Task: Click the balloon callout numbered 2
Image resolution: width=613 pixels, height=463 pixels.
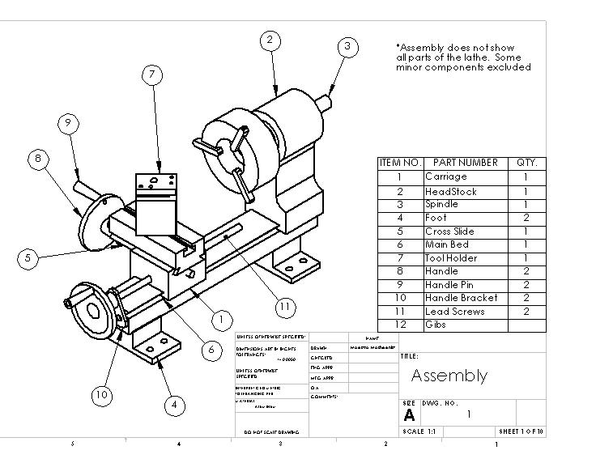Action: (x=270, y=40)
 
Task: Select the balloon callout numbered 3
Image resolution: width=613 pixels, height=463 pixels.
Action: (x=347, y=46)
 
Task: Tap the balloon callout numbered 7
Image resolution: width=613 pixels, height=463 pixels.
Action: (x=151, y=74)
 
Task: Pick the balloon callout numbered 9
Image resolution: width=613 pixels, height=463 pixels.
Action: (x=69, y=123)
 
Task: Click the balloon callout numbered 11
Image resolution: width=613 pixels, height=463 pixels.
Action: (x=284, y=307)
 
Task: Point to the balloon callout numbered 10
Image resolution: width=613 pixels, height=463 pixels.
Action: (x=101, y=395)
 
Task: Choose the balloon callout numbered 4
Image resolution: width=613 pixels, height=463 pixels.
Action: (x=173, y=405)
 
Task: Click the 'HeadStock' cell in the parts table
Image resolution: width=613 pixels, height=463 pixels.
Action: (x=451, y=192)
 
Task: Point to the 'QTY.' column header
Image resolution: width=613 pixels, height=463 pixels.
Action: (x=526, y=163)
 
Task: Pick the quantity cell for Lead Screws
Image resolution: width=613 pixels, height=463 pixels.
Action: (x=526, y=312)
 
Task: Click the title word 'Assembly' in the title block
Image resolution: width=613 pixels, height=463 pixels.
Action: (x=449, y=376)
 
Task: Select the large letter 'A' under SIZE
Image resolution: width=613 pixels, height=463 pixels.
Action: (x=410, y=415)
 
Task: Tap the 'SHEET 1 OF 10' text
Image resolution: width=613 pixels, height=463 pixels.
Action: (x=521, y=431)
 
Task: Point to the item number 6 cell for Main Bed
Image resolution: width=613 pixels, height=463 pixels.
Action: (x=400, y=244)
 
